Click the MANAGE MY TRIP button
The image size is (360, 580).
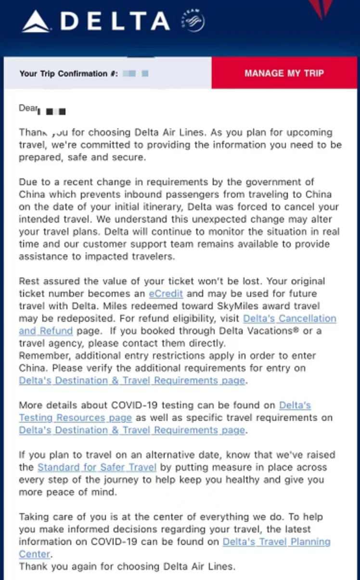point(284,74)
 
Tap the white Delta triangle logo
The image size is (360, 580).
point(36,22)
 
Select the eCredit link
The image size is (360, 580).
point(166,293)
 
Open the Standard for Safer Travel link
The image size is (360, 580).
point(97,467)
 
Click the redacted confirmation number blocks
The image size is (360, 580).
point(136,74)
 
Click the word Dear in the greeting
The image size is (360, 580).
point(28,108)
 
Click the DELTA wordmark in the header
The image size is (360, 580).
point(116,22)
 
